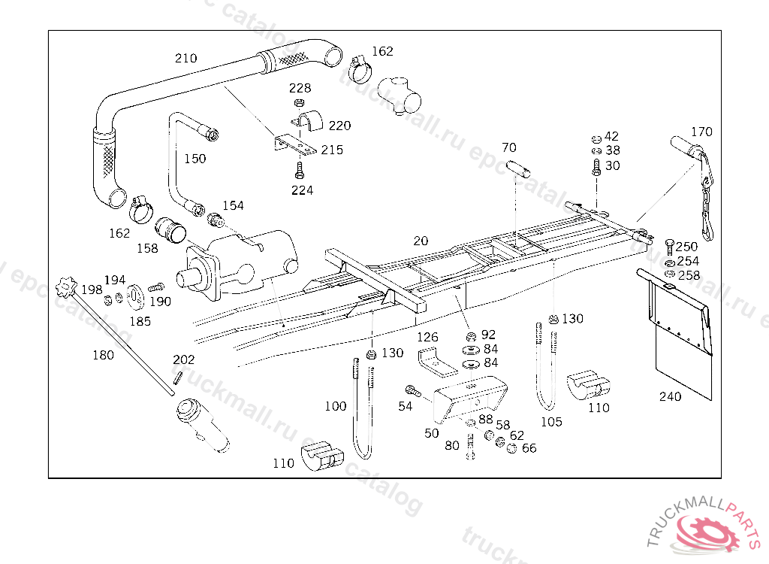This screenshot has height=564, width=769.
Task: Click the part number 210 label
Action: coord(185,58)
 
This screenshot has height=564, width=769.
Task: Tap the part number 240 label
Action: coord(671,396)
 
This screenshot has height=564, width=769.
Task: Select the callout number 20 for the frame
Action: coord(421,241)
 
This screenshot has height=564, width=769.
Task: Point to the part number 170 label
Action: coord(701,132)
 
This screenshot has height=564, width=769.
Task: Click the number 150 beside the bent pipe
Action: coord(195,159)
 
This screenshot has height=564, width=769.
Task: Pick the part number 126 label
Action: coord(427,337)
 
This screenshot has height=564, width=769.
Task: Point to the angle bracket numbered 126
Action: coord(434,360)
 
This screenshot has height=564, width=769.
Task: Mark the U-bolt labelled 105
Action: coord(547,368)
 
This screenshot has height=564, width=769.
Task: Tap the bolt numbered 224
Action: coord(300,168)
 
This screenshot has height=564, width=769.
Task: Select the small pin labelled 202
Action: coord(176,380)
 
